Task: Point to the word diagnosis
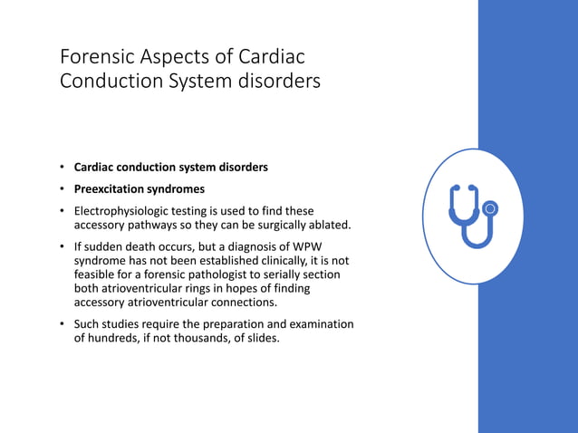pos(269,246)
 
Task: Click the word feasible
pos(96,274)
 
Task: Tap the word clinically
pos(281,260)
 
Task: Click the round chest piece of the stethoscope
pos(491,209)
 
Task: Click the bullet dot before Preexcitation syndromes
pos(63,189)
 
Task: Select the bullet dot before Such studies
pos(63,324)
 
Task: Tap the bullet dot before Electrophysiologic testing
pos(63,211)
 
